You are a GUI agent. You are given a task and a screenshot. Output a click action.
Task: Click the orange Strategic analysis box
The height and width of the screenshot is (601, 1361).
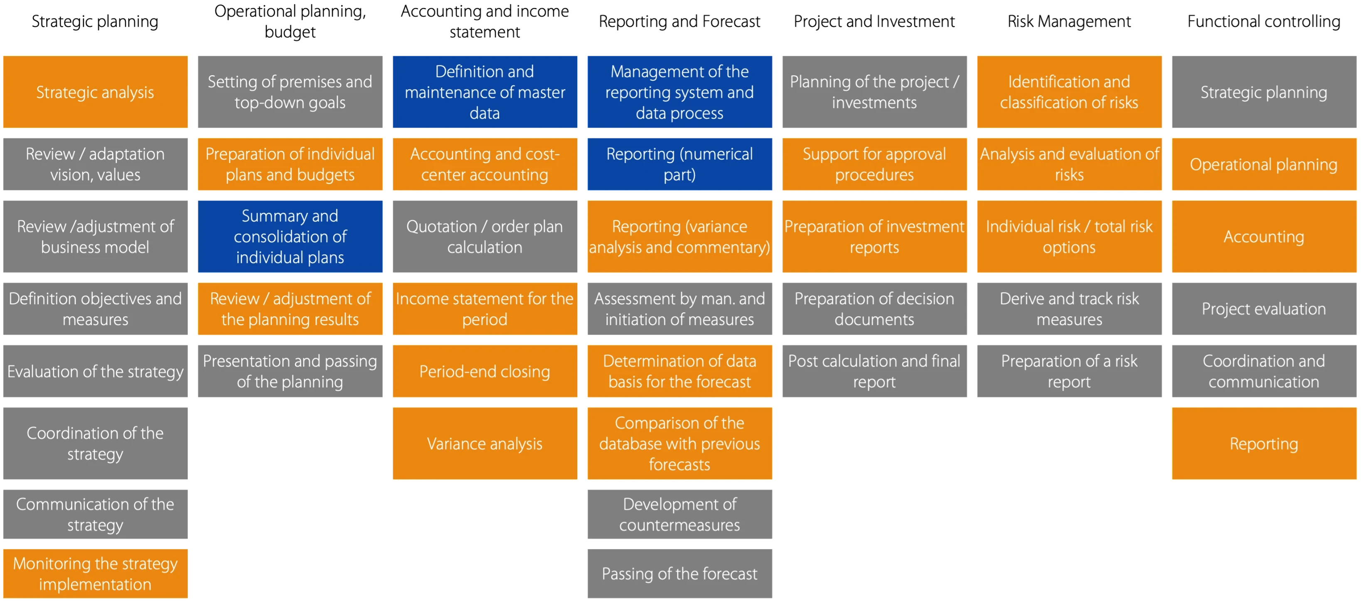click(x=95, y=92)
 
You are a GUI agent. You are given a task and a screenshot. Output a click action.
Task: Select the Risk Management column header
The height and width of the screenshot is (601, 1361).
click(x=1069, y=21)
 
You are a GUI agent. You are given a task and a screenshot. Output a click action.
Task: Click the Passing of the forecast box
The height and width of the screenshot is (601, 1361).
click(x=679, y=573)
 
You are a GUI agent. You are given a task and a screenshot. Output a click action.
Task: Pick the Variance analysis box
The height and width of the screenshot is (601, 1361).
click(x=485, y=443)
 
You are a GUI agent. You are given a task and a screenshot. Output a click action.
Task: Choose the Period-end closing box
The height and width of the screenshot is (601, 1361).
click(x=485, y=371)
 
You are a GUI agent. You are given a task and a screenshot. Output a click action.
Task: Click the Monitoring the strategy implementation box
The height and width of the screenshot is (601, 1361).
click(x=95, y=573)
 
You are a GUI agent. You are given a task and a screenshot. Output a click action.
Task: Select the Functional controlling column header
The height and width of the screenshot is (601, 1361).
click(x=1264, y=21)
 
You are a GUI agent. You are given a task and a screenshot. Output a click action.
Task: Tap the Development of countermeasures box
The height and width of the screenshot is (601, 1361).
click(x=679, y=514)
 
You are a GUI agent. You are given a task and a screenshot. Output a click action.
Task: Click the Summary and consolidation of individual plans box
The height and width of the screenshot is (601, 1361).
click(x=290, y=236)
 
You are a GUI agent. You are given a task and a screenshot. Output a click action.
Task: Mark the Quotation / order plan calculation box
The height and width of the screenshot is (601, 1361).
click(x=485, y=236)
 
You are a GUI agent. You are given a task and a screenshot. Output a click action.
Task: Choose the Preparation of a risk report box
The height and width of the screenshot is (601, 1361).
click(x=1069, y=371)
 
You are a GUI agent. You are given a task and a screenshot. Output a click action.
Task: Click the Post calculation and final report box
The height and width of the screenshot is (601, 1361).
click(x=874, y=371)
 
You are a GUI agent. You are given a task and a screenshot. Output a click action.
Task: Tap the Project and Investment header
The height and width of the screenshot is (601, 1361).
click(x=874, y=21)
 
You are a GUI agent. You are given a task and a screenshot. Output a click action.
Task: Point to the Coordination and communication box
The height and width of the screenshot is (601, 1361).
click(x=1264, y=371)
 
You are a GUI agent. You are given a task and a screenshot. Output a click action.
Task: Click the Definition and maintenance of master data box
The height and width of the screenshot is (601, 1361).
click(x=485, y=92)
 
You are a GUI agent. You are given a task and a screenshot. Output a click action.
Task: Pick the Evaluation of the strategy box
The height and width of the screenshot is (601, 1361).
click(x=95, y=371)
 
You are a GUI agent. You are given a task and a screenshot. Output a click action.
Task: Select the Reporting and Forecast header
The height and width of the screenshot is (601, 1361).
click(x=679, y=21)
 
